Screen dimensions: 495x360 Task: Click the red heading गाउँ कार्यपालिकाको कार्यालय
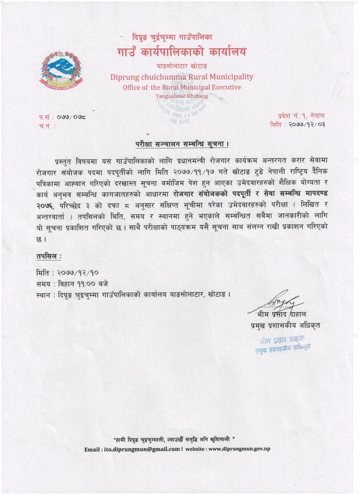(181, 53)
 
